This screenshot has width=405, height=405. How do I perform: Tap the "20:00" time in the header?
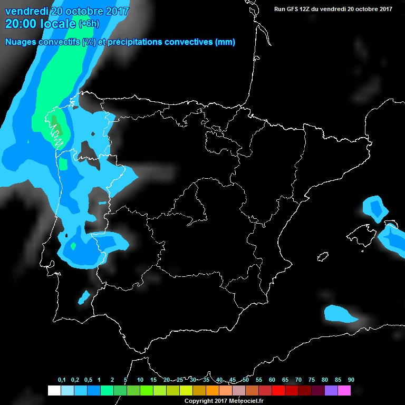[x=20, y=24]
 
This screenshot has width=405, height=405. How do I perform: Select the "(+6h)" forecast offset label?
[x=88, y=24]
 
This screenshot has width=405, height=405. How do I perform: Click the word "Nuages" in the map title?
[x=21, y=42]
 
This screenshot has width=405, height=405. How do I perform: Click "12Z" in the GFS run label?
[x=310, y=8]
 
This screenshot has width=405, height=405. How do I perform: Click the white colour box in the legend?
[x=54, y=390]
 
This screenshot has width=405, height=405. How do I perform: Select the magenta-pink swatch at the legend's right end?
[x=344, y=390]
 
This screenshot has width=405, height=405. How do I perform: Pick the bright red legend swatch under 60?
[x=278, y=390]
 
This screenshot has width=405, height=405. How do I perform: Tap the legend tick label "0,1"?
[x=62, y=380]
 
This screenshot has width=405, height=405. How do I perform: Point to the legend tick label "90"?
[x=351, y=380]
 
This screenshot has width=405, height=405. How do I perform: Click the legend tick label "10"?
[x=140, y=380]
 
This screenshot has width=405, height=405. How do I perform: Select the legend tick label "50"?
[x=246, y=380]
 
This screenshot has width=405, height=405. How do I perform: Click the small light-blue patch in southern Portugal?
[x=84, y=297]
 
